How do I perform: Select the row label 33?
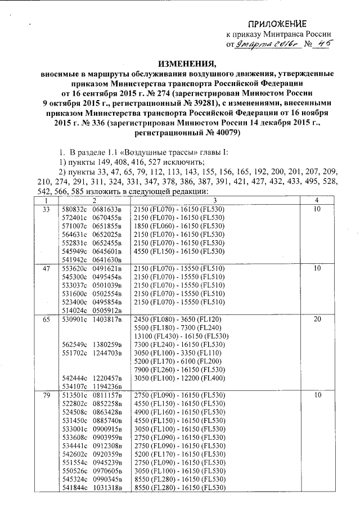[x=46, y=209]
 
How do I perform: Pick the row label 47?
[x=46, y=269]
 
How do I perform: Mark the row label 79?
[x=46, y=395]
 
